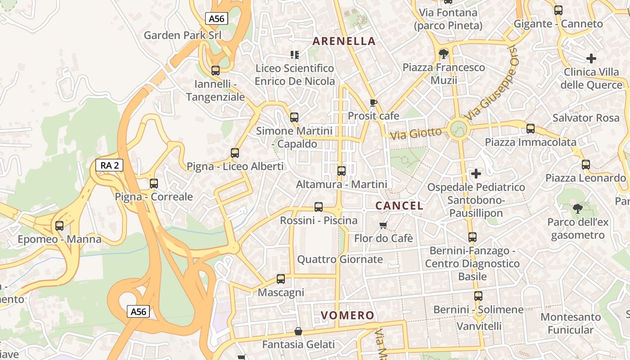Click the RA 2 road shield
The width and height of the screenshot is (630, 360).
[x=109, y=165]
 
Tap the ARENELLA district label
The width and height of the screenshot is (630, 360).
[x=344, y=41]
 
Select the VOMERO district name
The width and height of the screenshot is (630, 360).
[x=347, y=315]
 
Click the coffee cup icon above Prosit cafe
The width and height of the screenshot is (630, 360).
[x=373, y=103]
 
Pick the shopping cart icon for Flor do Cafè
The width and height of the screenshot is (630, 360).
[x=383, y=225]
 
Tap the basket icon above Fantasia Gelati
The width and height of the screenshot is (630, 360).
[x=298, y=332]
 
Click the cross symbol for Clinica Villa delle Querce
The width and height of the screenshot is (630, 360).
[x=591, y=58]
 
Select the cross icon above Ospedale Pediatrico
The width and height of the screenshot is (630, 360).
[x=476, y=173]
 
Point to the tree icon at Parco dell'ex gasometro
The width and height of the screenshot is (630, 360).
[x=578, y=209]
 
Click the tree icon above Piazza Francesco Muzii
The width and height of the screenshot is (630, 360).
[x=444, y=54]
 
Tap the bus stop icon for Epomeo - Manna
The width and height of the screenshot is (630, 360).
[x=59, y=226]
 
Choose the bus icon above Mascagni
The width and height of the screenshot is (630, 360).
[x=281, y=279]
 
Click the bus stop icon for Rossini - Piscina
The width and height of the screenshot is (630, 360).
[x=319, y=207]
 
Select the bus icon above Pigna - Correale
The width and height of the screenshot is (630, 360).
[x=154, y=184]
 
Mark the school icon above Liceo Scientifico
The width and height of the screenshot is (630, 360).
[x=295, y=55]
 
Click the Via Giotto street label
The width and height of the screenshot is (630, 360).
[x=416, y=133]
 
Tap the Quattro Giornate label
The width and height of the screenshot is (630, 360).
[x=340, y=259]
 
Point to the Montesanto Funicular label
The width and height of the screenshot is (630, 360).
[x=571, y=324]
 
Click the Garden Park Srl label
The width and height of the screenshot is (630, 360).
[x=181, y=35]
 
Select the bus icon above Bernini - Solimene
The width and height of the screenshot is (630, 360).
[x=478, y=296]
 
